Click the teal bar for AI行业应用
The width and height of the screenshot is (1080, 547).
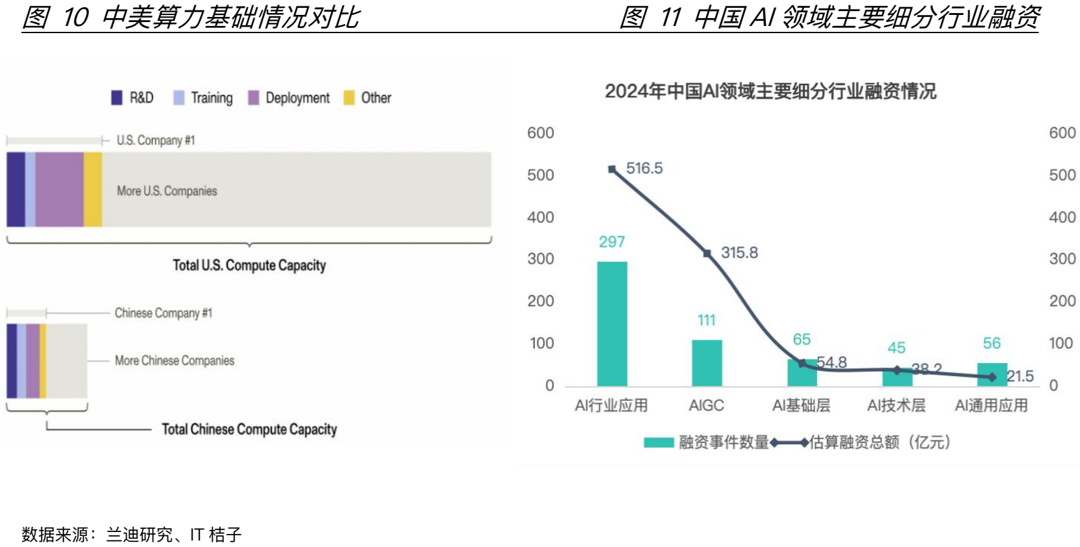(x=611, y=324)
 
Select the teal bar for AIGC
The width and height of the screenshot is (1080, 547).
(x=706, y=363)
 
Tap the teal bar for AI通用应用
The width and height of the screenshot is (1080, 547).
(x=991, y=374)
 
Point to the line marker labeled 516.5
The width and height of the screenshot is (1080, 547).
(x=612, y=169)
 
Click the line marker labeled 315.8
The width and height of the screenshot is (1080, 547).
(x=707, y=253)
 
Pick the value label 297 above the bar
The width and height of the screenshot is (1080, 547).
(x=611, y=242)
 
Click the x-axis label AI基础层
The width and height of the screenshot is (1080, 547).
(x=801, y=405)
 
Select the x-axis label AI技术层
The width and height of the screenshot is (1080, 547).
(x=896, y=405)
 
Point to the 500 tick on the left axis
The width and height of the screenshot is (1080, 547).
(x=541, y=175)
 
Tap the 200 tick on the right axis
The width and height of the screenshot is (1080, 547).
(x=1062, y=301)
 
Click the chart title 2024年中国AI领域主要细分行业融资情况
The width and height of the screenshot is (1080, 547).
(x=770, y=92)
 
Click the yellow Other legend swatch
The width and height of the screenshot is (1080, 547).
(x=349, y=97)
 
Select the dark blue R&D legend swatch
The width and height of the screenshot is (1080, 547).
(x=117, y=97)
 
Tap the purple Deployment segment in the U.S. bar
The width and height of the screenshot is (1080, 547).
(x=59, y=190)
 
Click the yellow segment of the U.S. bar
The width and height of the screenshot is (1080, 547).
(x=93, y=190)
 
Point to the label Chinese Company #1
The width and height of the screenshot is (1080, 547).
(x=163, y=313)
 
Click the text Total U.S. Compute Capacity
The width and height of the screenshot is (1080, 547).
(x=249, y=265)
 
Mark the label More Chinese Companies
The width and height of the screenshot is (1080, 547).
(x=174, y=361)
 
